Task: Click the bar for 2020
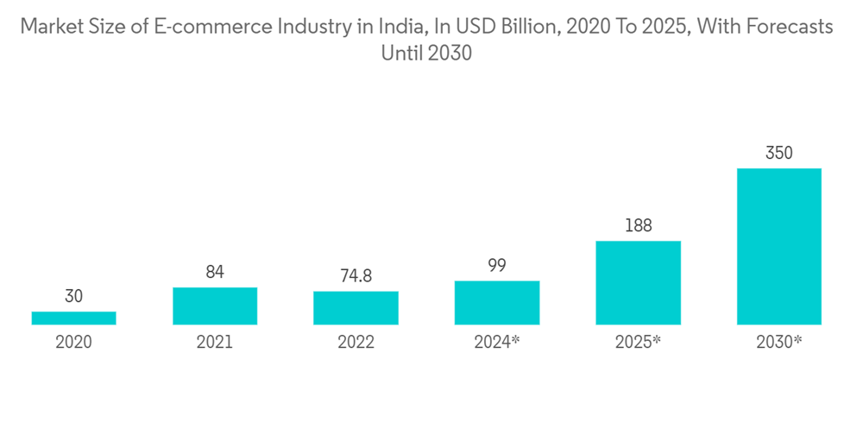coord(73,318)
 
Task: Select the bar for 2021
coord(215,306)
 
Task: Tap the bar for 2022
coord(356,307)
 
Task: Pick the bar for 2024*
coord(497,302)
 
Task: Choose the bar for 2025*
coord(638,282)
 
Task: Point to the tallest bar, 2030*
coord(778,246)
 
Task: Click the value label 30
coord(73,296)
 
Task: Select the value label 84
coord(215,272)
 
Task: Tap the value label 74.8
coord(356,275)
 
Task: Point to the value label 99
coord(497,265)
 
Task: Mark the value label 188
coord(638,225)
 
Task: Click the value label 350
coord(778,153)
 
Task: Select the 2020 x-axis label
coord(73,342)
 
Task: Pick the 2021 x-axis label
coord(215,342)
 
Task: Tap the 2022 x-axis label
coord(356,342)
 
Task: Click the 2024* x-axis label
coord(497,342)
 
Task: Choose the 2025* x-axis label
coord(638,342)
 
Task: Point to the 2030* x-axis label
coord(778,342)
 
